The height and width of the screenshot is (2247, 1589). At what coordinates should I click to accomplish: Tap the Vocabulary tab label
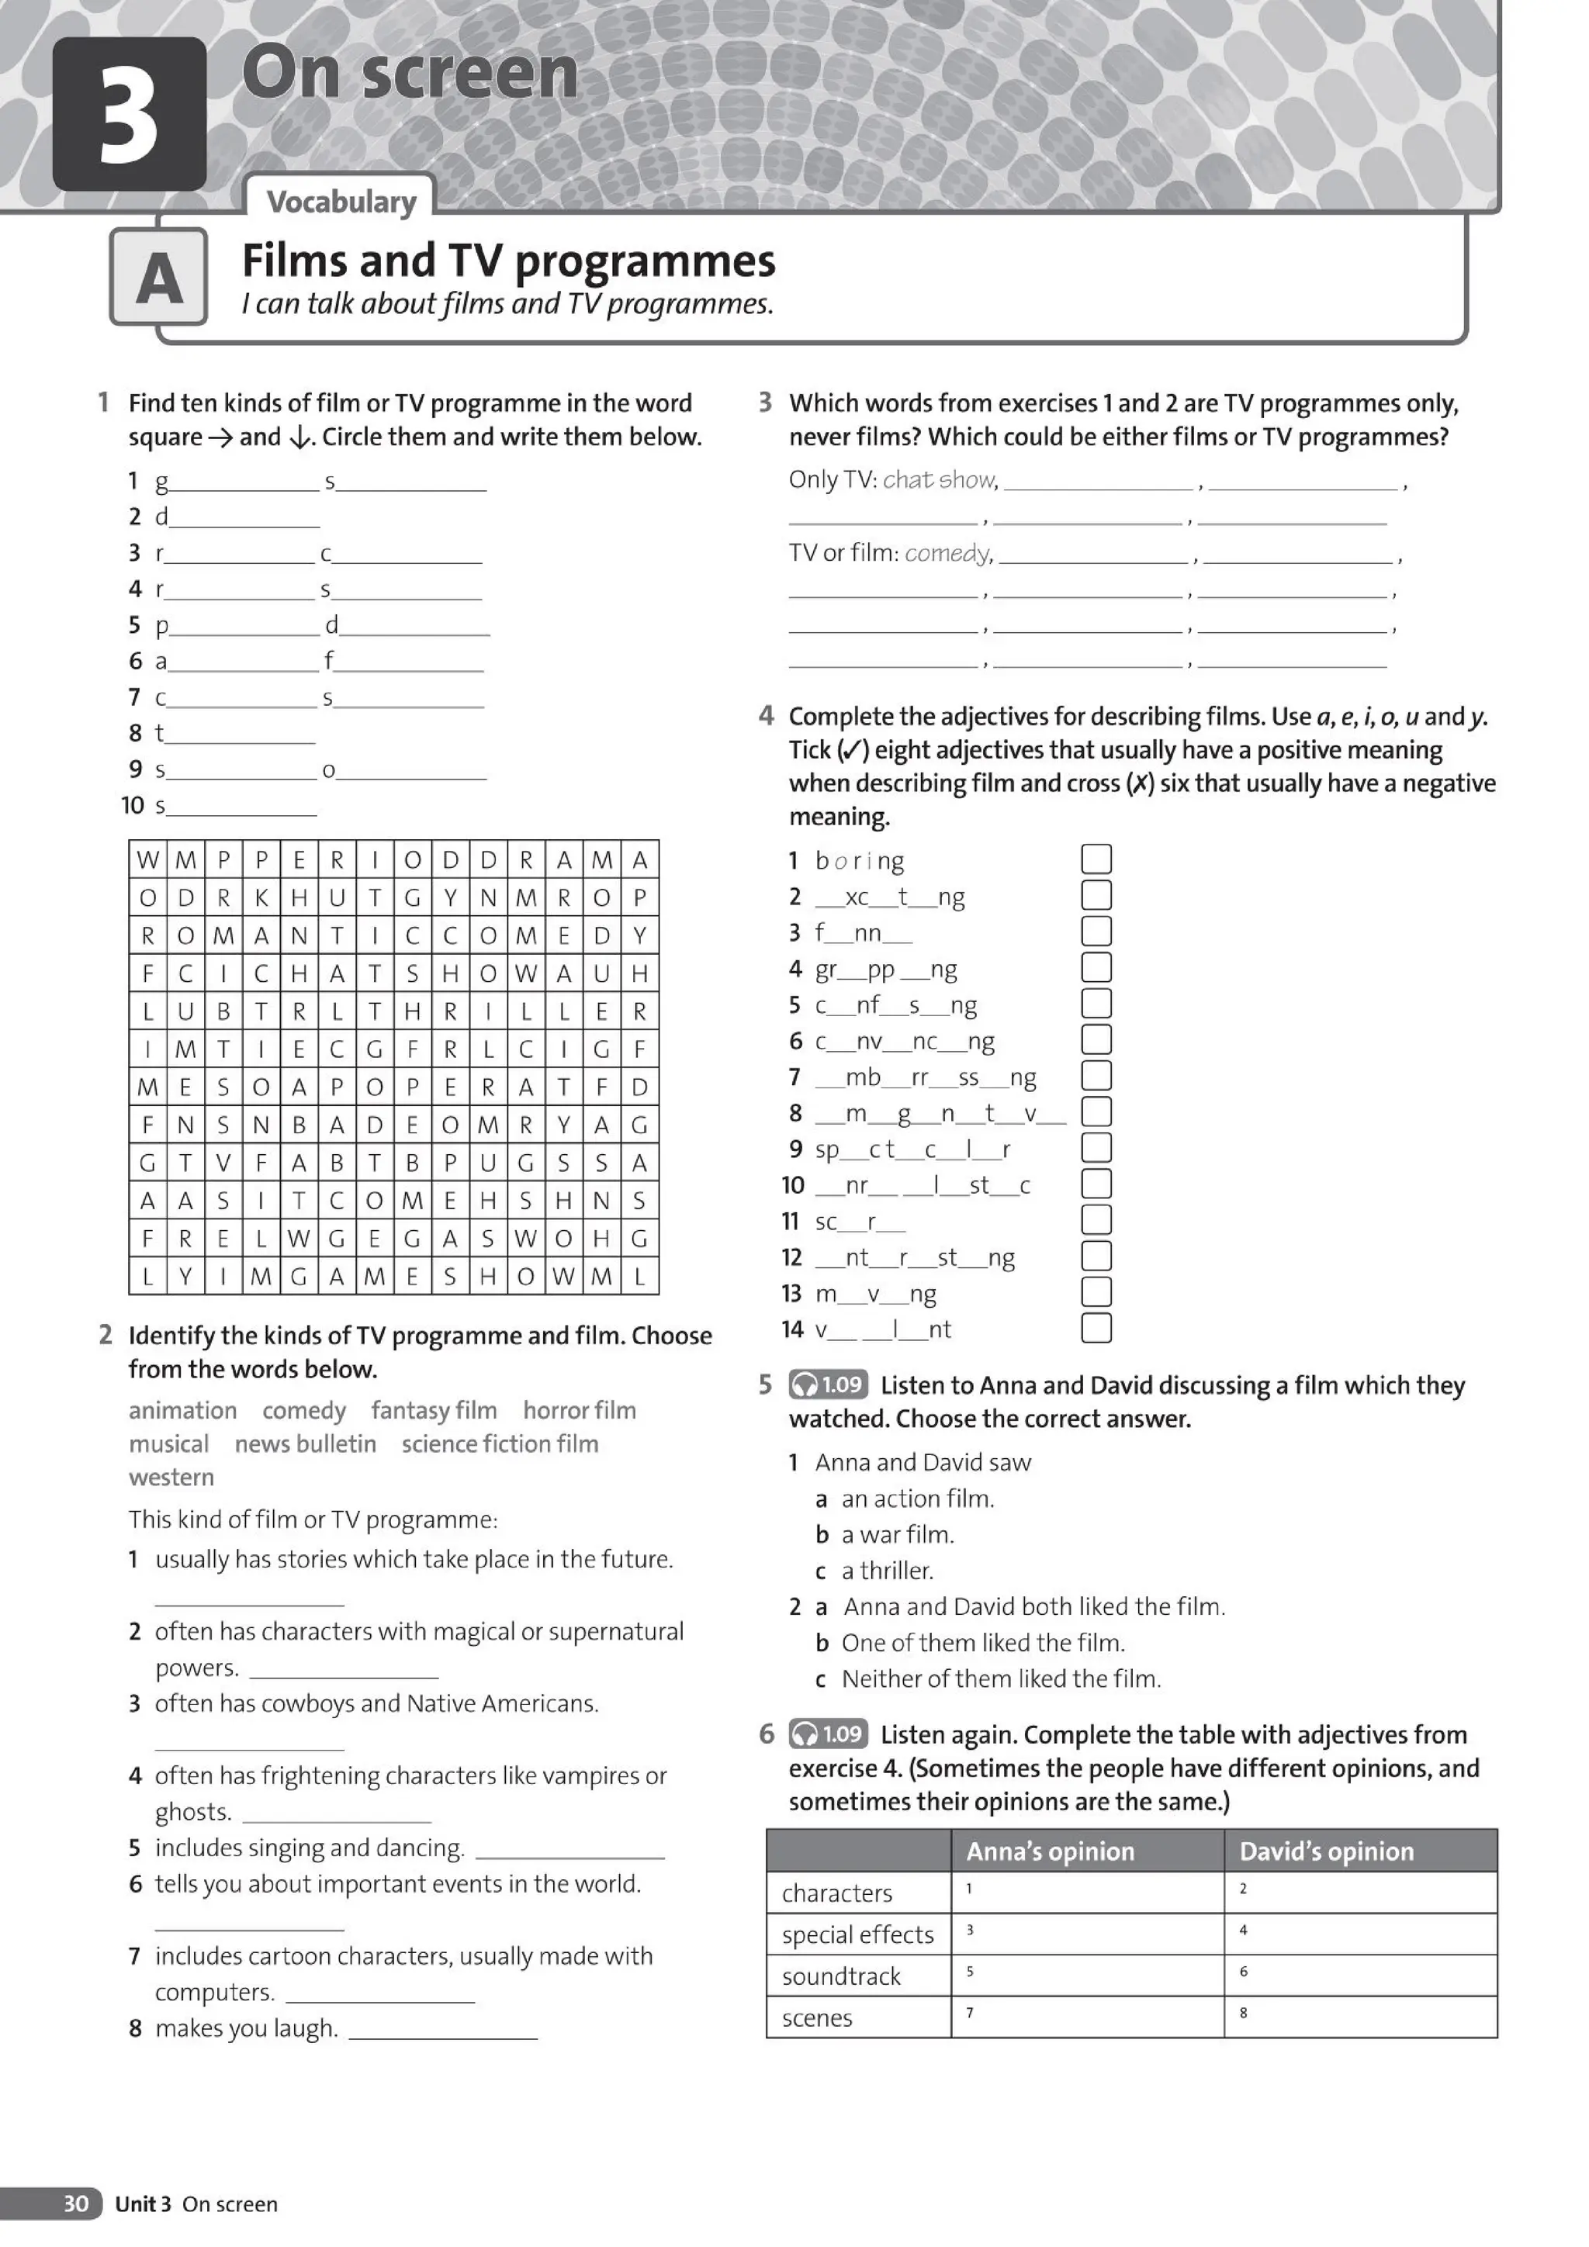[x=341, y=202]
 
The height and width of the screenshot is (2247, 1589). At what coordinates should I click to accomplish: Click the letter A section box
[x=158, y=277]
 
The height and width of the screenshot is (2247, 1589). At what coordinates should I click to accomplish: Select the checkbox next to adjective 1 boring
[x=1096, y=859]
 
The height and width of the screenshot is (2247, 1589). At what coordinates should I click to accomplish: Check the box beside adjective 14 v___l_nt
[x=1096, y=1328]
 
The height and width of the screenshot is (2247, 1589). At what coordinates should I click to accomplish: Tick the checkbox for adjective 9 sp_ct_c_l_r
[x=1096, y=1148]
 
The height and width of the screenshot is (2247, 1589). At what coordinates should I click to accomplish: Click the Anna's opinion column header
[x=1050, y=1851]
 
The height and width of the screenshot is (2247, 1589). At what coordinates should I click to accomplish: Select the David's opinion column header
[x=1326, y=1851]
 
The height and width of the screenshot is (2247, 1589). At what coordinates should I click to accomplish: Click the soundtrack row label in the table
[x=840, y=1976]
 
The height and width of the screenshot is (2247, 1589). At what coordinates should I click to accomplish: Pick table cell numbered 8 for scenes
[x=1359, y=2017]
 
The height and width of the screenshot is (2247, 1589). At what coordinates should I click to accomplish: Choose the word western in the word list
[x=171, y=1477]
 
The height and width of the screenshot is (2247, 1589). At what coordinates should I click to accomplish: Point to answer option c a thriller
[x=886, y=1571]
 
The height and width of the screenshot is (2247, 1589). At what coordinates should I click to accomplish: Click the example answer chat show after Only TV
[x=939, y=479]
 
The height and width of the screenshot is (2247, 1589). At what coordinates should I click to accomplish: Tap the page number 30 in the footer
[x=75, y=2204]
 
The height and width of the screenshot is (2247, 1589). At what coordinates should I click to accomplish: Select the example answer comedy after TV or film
[x=947, y=553]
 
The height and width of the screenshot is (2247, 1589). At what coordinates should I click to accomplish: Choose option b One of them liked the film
[x=982, y=1642]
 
